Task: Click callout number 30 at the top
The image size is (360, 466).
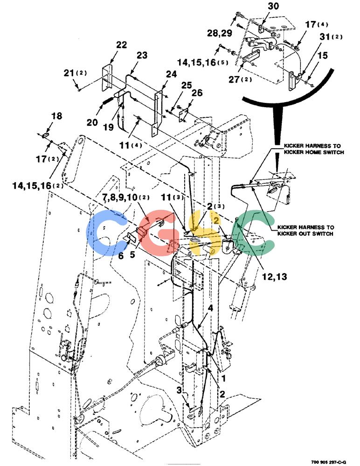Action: click(x=273, y=6)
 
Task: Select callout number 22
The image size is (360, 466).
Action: click(x=121, y=45)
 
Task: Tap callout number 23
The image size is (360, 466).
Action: click(x=142, y=55)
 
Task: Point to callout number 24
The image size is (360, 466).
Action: click(x=171, y=74)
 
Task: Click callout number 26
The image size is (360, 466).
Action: click(x=197, y=93)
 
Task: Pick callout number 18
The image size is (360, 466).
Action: click(x=56, y=116)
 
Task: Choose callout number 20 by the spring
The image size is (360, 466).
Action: click(x=92, y=122)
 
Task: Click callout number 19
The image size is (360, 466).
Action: click(x=108, y=127)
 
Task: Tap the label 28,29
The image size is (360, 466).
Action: click(x=220, y=33)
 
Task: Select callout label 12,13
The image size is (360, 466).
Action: click(x=274, y=277)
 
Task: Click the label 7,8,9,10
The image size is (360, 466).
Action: click(x=122, y=198)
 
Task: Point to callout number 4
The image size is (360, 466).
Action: click(x=210, y=308)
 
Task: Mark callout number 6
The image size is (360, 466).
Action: click(x=121, y=255)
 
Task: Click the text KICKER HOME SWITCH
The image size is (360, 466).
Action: click(x=314, y=152)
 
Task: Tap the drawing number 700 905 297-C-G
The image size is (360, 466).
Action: click(x=328, y=462)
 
